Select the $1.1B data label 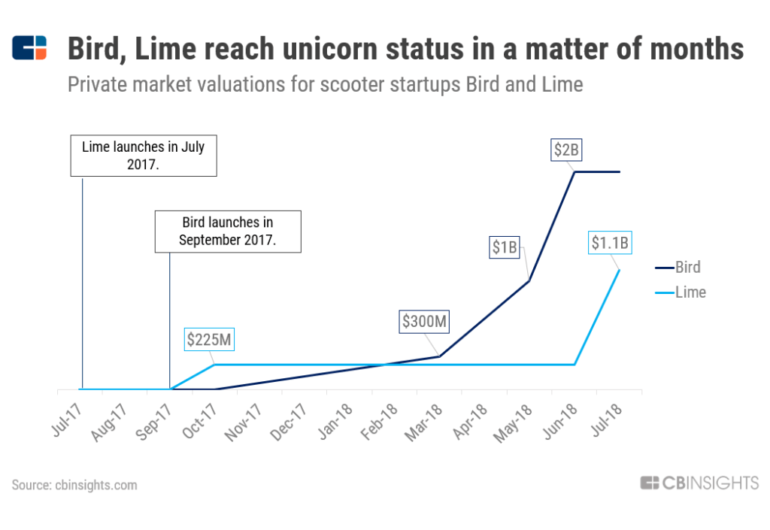(x=609, y=243)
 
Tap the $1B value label (x=505, y=247)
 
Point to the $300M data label (x=425, y=322)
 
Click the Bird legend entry (x=687, y=267)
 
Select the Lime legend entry (x=690, y=292)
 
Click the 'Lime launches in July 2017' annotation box (x=144, y=155)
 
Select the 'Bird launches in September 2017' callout (x=227, y=232)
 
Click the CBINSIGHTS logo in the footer (x=699, y=483)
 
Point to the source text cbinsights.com (x=75, y=485)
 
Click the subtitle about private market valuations (x=325, y=84)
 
